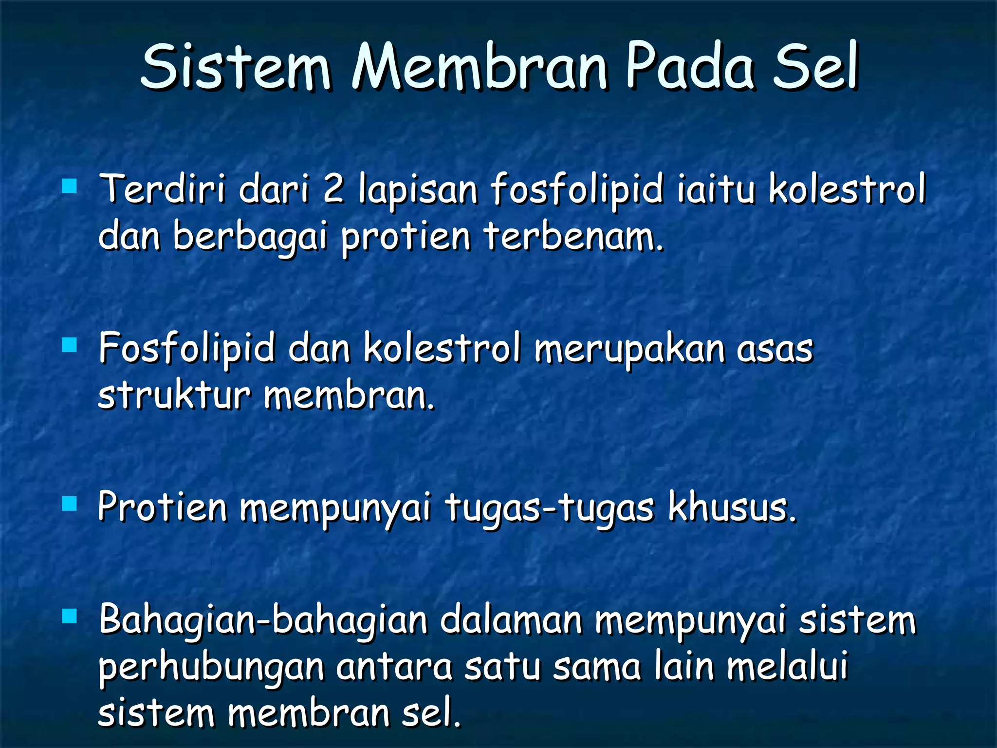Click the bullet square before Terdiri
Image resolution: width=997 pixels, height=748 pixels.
(70, 187)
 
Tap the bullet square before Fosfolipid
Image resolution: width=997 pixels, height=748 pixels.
(70, 345)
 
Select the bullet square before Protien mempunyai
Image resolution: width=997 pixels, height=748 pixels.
(70, 505)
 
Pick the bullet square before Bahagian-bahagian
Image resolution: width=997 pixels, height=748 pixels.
(70, 617)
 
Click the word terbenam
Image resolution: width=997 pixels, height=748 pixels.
(574, 237)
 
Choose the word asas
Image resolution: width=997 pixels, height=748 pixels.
(775, 350)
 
